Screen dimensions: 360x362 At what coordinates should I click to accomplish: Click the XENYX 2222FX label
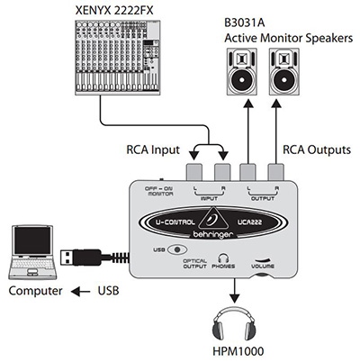(x=114, y=11)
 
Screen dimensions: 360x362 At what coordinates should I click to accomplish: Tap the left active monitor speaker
(x=241, y=71)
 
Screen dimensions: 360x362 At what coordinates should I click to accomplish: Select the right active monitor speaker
(x=283, y=71)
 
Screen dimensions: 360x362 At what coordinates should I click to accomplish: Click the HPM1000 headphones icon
(x=234, y=325)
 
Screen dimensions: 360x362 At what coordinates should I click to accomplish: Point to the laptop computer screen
(x=33, y=240)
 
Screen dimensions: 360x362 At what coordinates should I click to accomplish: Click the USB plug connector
(x=80, y=258)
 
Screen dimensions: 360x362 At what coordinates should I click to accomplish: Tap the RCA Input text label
(x=153, y=149)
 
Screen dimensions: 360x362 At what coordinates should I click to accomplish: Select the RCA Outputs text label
(x=317, y=149)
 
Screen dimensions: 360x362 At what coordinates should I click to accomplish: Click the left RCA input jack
(x=194, y=172)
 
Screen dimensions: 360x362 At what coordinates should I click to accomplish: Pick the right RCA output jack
(x=276, y=172)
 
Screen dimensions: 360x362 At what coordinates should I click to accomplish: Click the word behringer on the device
(x=212, y=234)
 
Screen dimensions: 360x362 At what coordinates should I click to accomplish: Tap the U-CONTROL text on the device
(x=175, y=222)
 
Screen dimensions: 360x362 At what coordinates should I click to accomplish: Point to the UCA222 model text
(x=249, y=222)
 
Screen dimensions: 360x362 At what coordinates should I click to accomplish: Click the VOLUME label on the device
(x=263, y=267)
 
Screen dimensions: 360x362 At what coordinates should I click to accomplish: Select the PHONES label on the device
(x=223, y=267)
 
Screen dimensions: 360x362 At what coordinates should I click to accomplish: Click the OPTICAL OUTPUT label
(x=194, y=264)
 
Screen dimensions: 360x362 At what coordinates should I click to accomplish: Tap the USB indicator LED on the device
(x=177, y=249)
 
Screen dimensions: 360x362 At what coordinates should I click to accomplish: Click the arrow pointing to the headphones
(x=234, y=290)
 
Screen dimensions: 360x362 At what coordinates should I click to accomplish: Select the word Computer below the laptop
(x=35, y=291)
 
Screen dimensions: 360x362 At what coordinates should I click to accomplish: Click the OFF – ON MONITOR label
(x=159, y=191)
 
